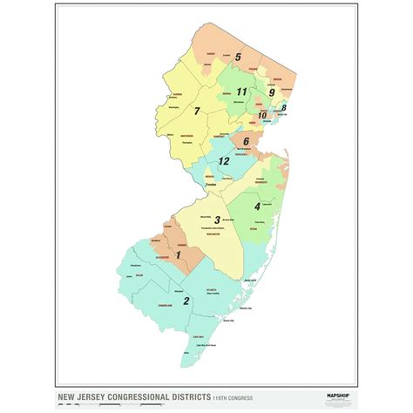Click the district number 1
tap(178, 254)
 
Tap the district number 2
tap(186, 301)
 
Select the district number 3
tap(217, 220)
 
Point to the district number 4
tap(256, 206)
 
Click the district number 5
tap(237, 58)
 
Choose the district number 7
tap(198, 111)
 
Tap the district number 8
tap(283, 108)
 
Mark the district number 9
tap(272, 92)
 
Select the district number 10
tap(261, 115)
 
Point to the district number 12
tap(224, 161)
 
